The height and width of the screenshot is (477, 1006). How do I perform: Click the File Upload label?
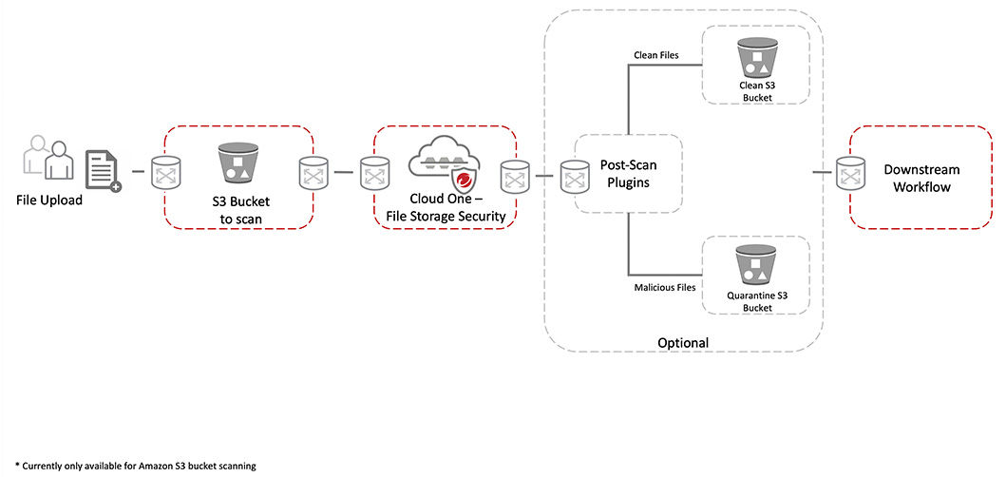click(x=49, y=200)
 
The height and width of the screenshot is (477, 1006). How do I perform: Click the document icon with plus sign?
click(x=104, y=171)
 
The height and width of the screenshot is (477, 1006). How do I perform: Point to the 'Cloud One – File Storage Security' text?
click(x=445, y=207)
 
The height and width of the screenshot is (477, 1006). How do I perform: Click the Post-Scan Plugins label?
click(x=629, y=174)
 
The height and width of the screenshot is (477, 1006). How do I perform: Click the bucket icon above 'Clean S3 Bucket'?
click(x=756, y=58)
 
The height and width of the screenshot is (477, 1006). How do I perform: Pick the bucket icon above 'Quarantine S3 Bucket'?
click(x=756, y=265)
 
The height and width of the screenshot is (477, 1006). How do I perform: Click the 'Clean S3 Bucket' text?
click(x=757, y=91)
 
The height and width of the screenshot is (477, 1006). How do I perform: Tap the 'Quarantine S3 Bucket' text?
click(x=757, y=302)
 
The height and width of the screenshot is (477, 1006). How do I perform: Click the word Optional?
click(x=683, y=342)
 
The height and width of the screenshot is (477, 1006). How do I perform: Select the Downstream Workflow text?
click(x=921, y=179)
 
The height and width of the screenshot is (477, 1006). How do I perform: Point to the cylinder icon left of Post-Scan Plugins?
click(x=574, y=176)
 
